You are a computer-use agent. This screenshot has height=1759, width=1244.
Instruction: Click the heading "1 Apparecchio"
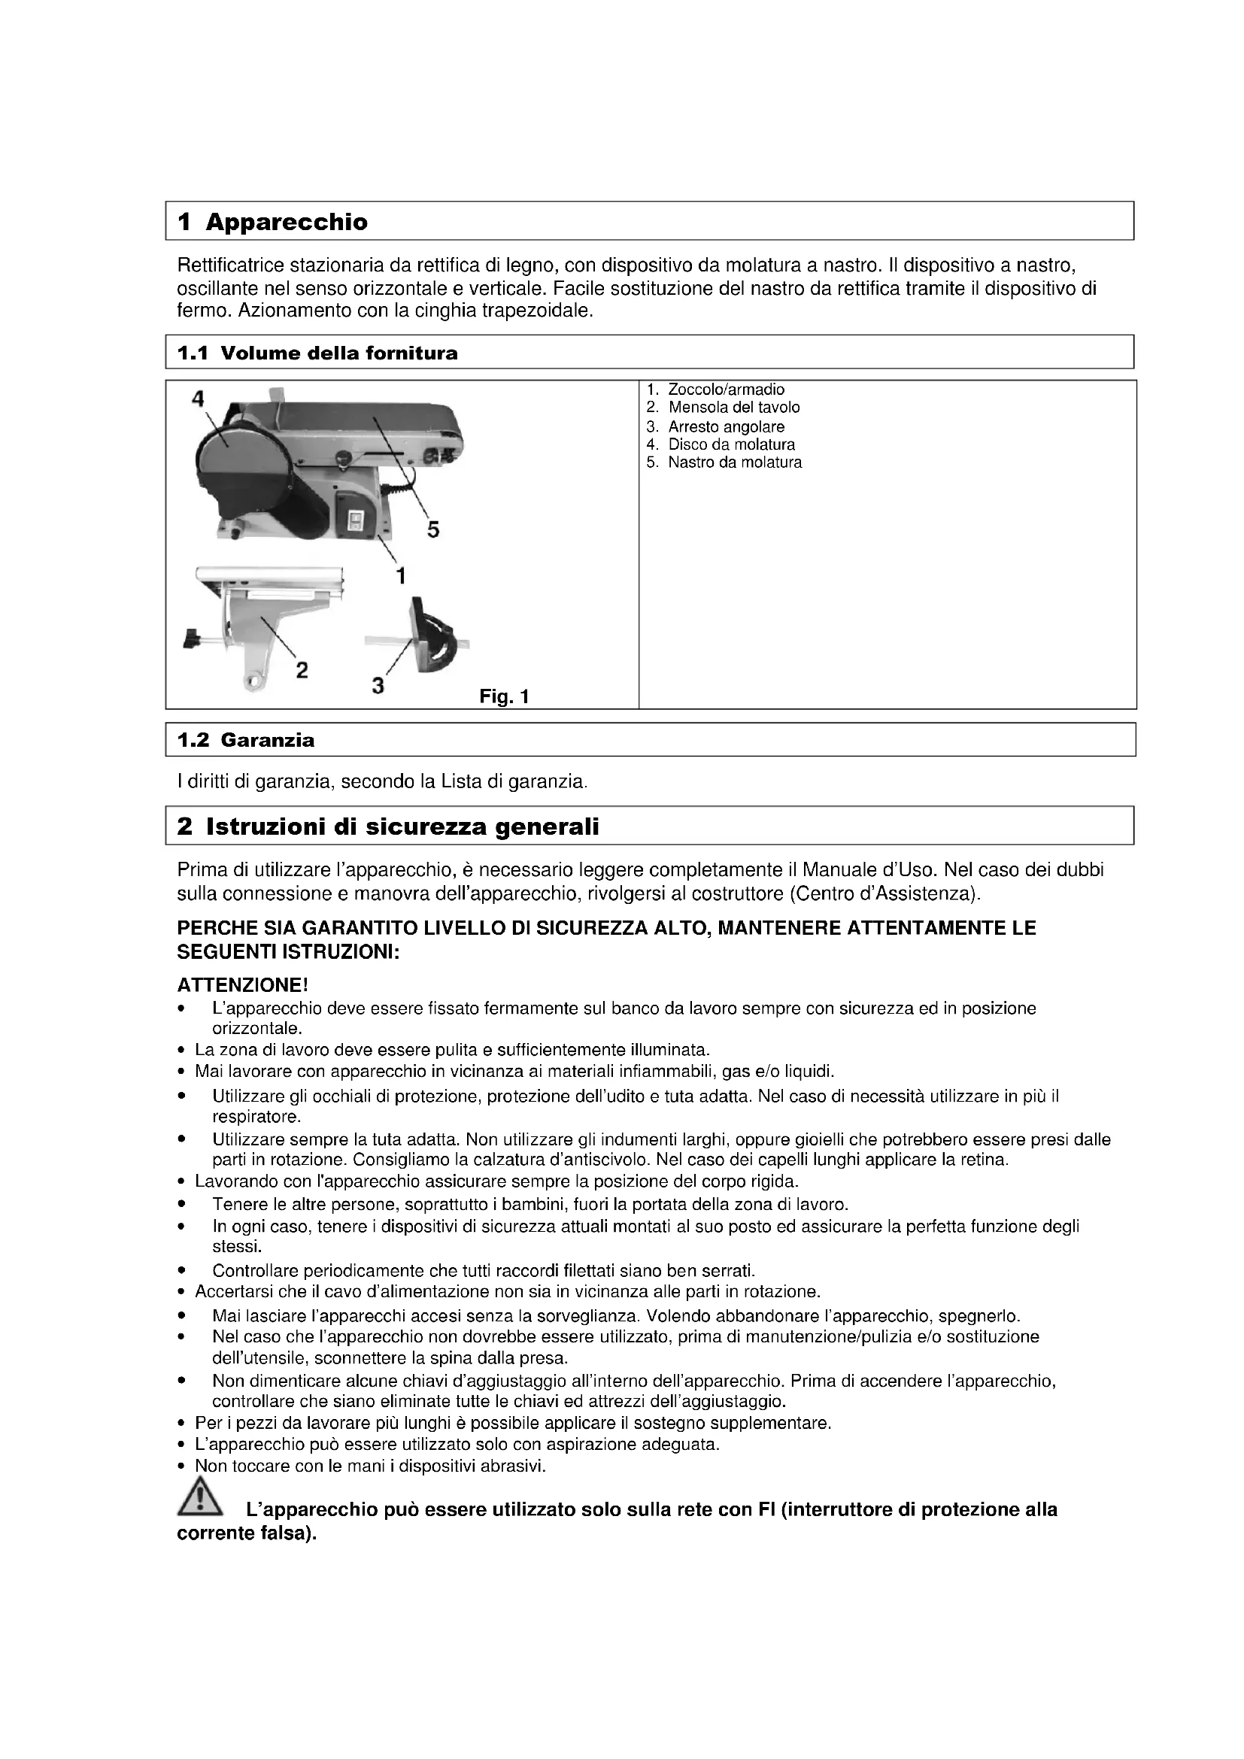pyautogui.click(x=273, y=222)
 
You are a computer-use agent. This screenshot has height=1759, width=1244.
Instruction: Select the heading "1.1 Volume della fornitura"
pyautogui.click(x=317, y=353)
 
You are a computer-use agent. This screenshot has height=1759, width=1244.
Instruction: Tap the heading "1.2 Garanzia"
pyautogui.click(x=246, y=740)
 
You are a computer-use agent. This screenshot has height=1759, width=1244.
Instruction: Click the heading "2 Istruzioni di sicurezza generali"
pyautogui.click(x=388, y=826)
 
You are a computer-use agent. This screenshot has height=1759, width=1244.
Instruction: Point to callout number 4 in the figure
pyautogui.click(x=199, y=399)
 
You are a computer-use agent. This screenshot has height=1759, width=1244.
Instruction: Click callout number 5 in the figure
pyautogui.click(x=432, y=529)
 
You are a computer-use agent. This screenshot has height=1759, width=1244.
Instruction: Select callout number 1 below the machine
pyautogui.click(x=400, y=575)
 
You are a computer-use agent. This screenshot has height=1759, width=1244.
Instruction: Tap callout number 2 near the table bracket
pyautogui.click(x=302, y=670)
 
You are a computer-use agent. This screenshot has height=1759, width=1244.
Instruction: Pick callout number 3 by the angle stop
pyautogui.click(x=378, y=685)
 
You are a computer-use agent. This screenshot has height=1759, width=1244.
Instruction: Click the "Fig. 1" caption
pyautogui.click(x=504, y=696)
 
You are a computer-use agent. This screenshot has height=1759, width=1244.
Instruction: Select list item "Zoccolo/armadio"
pyautogui.click(x=725, y=390)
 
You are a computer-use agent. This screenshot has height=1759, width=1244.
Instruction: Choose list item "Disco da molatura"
pyautogui.click(x=731, y=444)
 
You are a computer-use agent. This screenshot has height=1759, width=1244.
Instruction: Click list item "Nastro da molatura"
pyautogui.click(x=735, y=462)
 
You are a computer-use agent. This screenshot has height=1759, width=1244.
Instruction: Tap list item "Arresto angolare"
pyautogui.click(x=725, y=426)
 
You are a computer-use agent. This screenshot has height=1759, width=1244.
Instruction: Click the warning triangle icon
pyautogui.click(x=199, y=1498)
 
